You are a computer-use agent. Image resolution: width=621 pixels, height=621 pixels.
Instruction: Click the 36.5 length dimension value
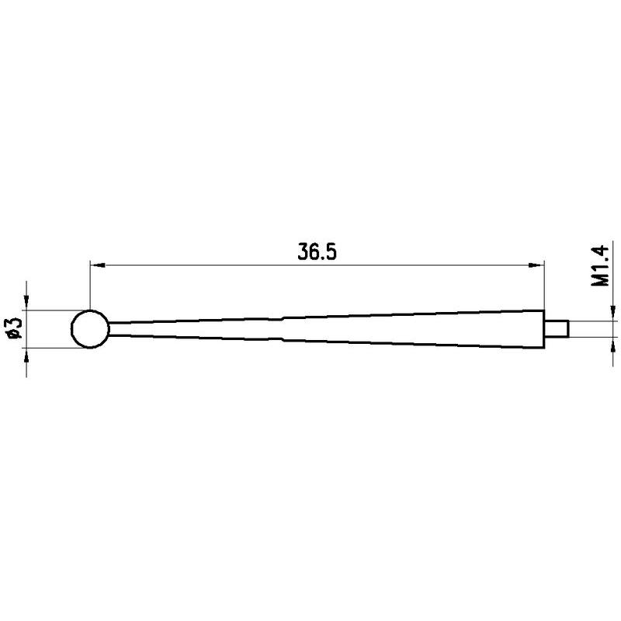317,252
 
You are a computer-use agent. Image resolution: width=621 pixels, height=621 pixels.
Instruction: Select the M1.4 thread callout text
599,265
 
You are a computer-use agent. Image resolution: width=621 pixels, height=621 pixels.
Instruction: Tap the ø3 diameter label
15,328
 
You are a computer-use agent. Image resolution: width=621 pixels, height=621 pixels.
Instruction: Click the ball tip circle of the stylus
71,329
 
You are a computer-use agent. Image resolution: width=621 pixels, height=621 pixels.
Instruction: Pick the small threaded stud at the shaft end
557,328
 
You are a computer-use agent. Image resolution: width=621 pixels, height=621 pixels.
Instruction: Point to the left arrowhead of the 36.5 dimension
98,265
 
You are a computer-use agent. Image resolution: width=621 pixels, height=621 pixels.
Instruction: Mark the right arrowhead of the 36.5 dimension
537,265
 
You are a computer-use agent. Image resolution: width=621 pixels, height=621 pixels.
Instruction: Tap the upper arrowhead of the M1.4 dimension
613,314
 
